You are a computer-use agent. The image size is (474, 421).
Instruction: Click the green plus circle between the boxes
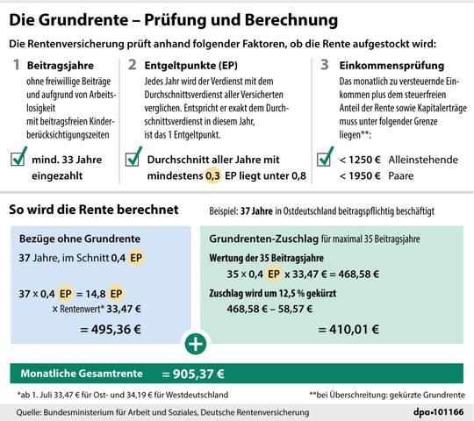pyautogui.click(x=196, y=342)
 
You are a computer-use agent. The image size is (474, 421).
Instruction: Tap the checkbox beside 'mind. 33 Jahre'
pyautogui.click(x=18, y=160)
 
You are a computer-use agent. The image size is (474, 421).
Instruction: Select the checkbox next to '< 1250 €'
pyautogui.click(x=325, y=160)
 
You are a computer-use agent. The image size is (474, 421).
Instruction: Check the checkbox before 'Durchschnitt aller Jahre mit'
pyautogui.click(x=134, y=161)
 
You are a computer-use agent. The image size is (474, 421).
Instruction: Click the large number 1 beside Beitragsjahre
pyautogui.click(x=15, y=64)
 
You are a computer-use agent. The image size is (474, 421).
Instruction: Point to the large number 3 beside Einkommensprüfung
pyautogui.click(x=324, y=64)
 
